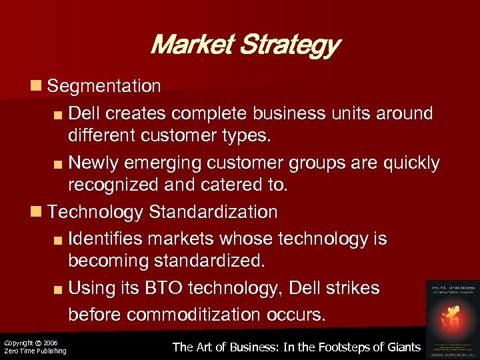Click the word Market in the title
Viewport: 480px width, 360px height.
[191, 45]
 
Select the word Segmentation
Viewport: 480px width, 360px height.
[104, 87]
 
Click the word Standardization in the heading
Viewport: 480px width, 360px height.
[213, 213]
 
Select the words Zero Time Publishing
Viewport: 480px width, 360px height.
[35, 351]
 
